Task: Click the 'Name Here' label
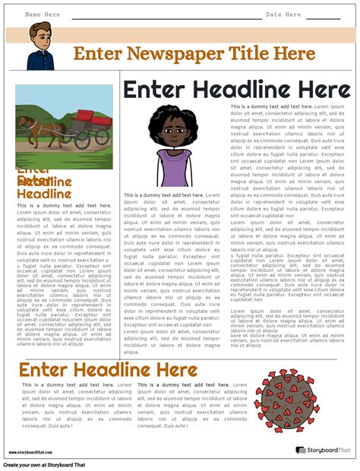[43, 14]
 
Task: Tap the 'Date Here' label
[283, 14]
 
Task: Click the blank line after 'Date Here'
[322, 17]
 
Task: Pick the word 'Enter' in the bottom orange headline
[45, 371]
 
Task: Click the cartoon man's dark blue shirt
[39, 60]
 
